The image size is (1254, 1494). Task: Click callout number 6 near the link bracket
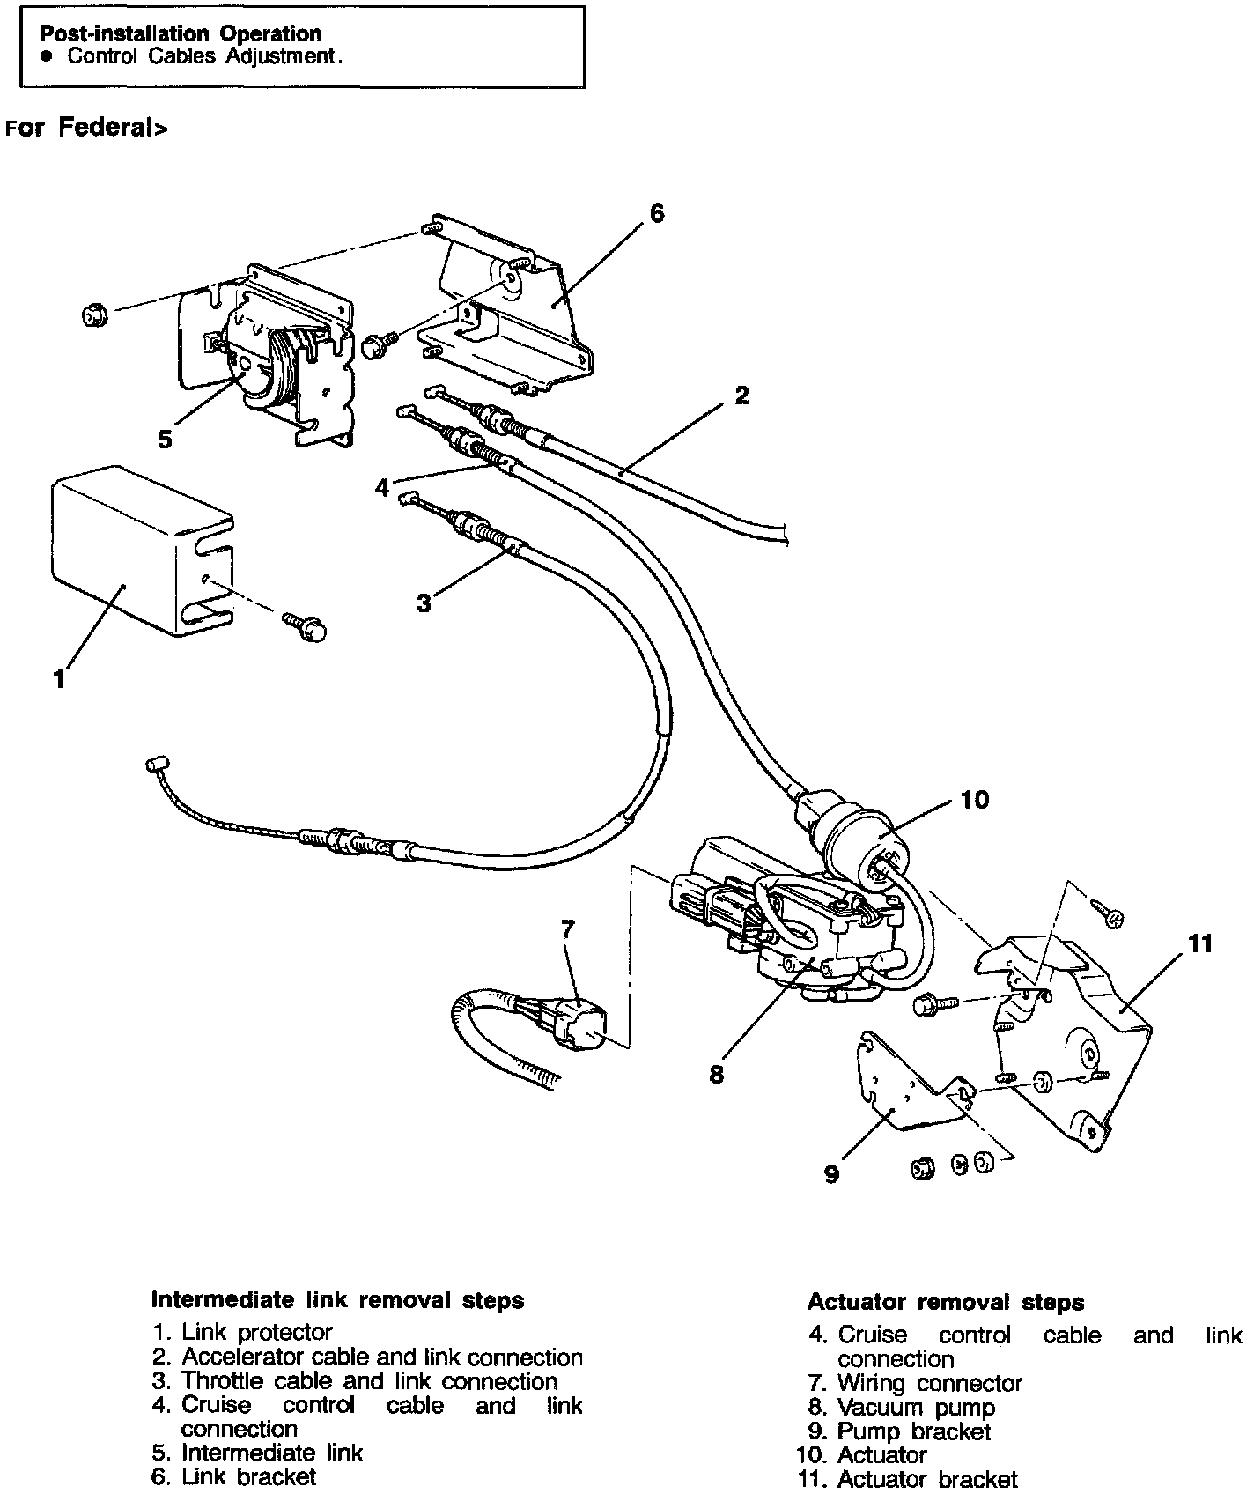[657, 214]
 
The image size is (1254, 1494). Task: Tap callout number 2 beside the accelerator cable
[741, 396]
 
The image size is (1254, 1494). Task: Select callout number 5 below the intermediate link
[165, 440]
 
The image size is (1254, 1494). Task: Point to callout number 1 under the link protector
[59, 679]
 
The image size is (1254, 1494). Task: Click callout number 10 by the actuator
[975, 799]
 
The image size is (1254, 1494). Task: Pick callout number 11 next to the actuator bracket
[1200, 944]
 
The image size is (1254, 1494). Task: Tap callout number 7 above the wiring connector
[567, 928]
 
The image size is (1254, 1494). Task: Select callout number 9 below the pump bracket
[832, 1173]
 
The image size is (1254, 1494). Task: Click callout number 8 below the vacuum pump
[716, 1075]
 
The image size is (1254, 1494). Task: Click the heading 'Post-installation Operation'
[181, 34]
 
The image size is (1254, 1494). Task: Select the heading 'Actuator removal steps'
[946, 1302]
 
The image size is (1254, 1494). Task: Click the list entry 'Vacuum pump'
[916, 1408]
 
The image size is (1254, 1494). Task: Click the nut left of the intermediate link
[92, 314]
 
